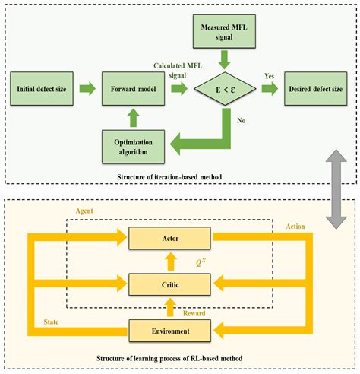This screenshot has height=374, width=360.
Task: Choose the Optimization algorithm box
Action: point(134,146)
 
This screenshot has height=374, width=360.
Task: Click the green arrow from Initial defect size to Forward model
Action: point(88,90)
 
